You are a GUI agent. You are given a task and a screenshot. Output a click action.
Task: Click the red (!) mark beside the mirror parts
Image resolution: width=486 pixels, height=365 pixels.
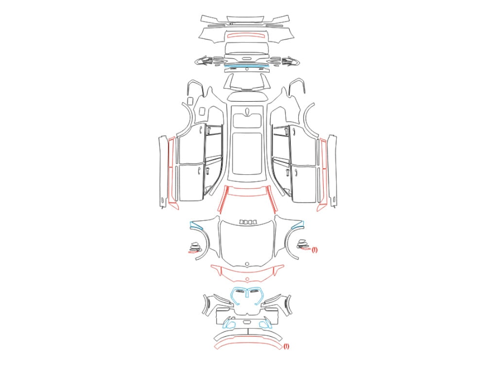point(315,250)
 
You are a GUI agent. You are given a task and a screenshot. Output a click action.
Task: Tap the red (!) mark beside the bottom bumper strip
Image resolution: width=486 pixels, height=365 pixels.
point(286,346)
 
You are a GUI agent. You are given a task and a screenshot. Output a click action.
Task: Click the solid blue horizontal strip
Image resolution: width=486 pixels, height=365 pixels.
point(247,66)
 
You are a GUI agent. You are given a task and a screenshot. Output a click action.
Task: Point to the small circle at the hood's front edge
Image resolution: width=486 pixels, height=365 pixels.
point(247,264)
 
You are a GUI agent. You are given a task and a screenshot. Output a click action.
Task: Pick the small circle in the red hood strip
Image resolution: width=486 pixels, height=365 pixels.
point(247,279)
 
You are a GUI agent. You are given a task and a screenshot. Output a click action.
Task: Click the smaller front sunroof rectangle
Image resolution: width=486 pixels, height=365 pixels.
point(247,120)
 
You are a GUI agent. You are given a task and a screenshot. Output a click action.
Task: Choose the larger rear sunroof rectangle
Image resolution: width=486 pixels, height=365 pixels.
point(247,154)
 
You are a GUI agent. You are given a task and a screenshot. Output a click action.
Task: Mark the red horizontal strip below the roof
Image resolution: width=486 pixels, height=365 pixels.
point(247,191)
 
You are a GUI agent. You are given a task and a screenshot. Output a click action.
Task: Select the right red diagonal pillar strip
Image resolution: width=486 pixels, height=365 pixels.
point(271,200)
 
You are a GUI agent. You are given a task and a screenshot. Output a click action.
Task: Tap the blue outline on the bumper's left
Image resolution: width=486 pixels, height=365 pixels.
point(229,324)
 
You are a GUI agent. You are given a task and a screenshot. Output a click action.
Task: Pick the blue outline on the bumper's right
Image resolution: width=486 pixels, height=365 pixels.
point(266,324)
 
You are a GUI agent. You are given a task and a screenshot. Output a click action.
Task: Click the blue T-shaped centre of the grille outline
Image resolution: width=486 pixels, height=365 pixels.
point(247,293)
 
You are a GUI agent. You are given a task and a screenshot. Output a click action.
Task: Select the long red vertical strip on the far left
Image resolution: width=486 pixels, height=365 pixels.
point(172,174)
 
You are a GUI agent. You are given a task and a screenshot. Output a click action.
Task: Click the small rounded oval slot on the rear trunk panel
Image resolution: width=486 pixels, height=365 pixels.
point(247,58)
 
